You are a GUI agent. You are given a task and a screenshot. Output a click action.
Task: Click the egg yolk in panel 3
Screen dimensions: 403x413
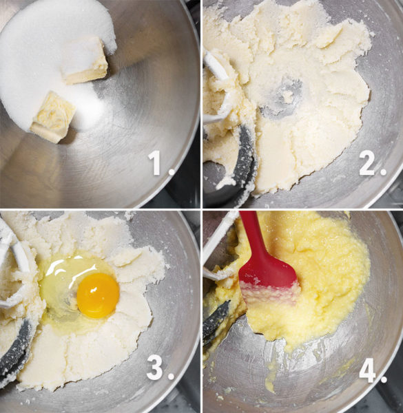98,295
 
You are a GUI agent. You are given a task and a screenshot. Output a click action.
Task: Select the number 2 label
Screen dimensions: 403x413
372,163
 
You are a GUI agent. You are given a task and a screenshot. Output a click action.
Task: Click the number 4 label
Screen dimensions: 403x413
373,369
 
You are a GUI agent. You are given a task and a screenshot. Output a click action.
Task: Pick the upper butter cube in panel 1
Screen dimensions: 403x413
84,61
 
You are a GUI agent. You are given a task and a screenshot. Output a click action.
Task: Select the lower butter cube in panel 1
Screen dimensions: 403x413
53,117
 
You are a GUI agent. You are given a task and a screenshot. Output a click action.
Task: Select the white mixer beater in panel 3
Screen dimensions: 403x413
14,264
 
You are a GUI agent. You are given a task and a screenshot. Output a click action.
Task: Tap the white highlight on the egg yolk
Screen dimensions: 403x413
93,290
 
